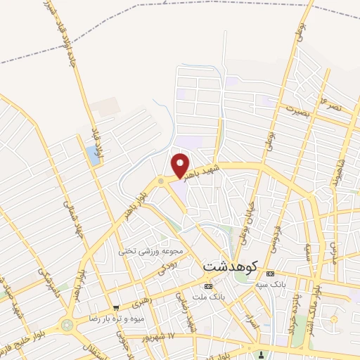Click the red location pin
coord(181,165)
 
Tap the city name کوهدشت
coord(231,268)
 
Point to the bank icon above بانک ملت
coord(207,287)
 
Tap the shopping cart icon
coord(115,307)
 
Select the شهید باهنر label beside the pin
coord(207,173)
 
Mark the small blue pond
coord(94,156)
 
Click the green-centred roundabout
coord(67,326)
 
